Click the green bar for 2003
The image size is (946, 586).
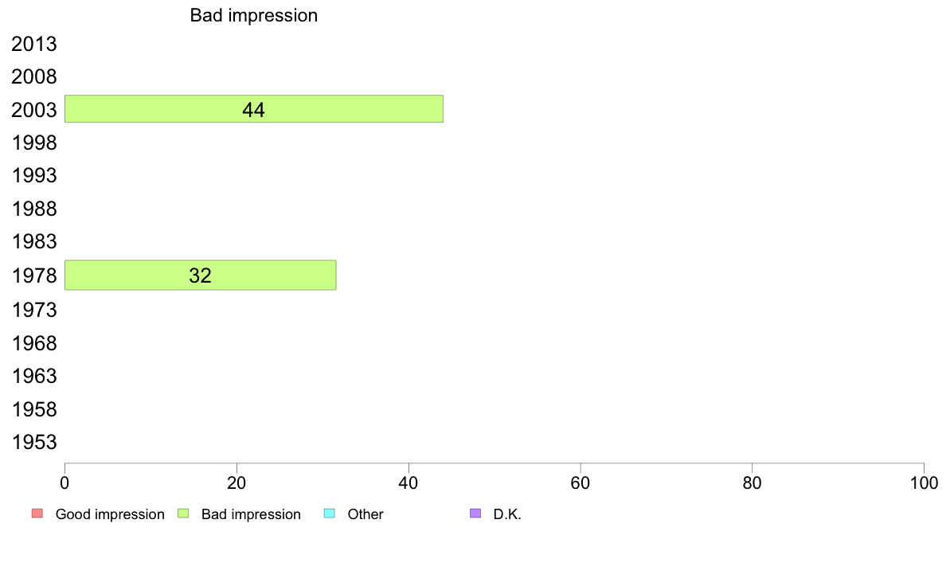254,108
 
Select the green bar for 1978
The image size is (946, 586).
201,275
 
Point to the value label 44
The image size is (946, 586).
253,110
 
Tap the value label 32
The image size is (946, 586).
201,275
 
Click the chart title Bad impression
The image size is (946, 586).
254,16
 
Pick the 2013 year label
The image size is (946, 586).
34,44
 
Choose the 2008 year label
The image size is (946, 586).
34,76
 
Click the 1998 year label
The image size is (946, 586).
34,143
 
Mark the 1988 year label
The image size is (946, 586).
34,209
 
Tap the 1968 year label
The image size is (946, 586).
34,343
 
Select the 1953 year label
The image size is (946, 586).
34,443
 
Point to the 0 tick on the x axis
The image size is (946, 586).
64,482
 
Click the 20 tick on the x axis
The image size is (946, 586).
236,482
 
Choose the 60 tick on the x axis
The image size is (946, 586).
580,482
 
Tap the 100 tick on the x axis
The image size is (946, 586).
924,482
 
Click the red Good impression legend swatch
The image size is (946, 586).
37,513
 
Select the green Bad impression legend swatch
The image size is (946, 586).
183,513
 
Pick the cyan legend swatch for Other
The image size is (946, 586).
330,513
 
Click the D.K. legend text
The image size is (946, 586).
507,514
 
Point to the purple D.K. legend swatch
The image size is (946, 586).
475,513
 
